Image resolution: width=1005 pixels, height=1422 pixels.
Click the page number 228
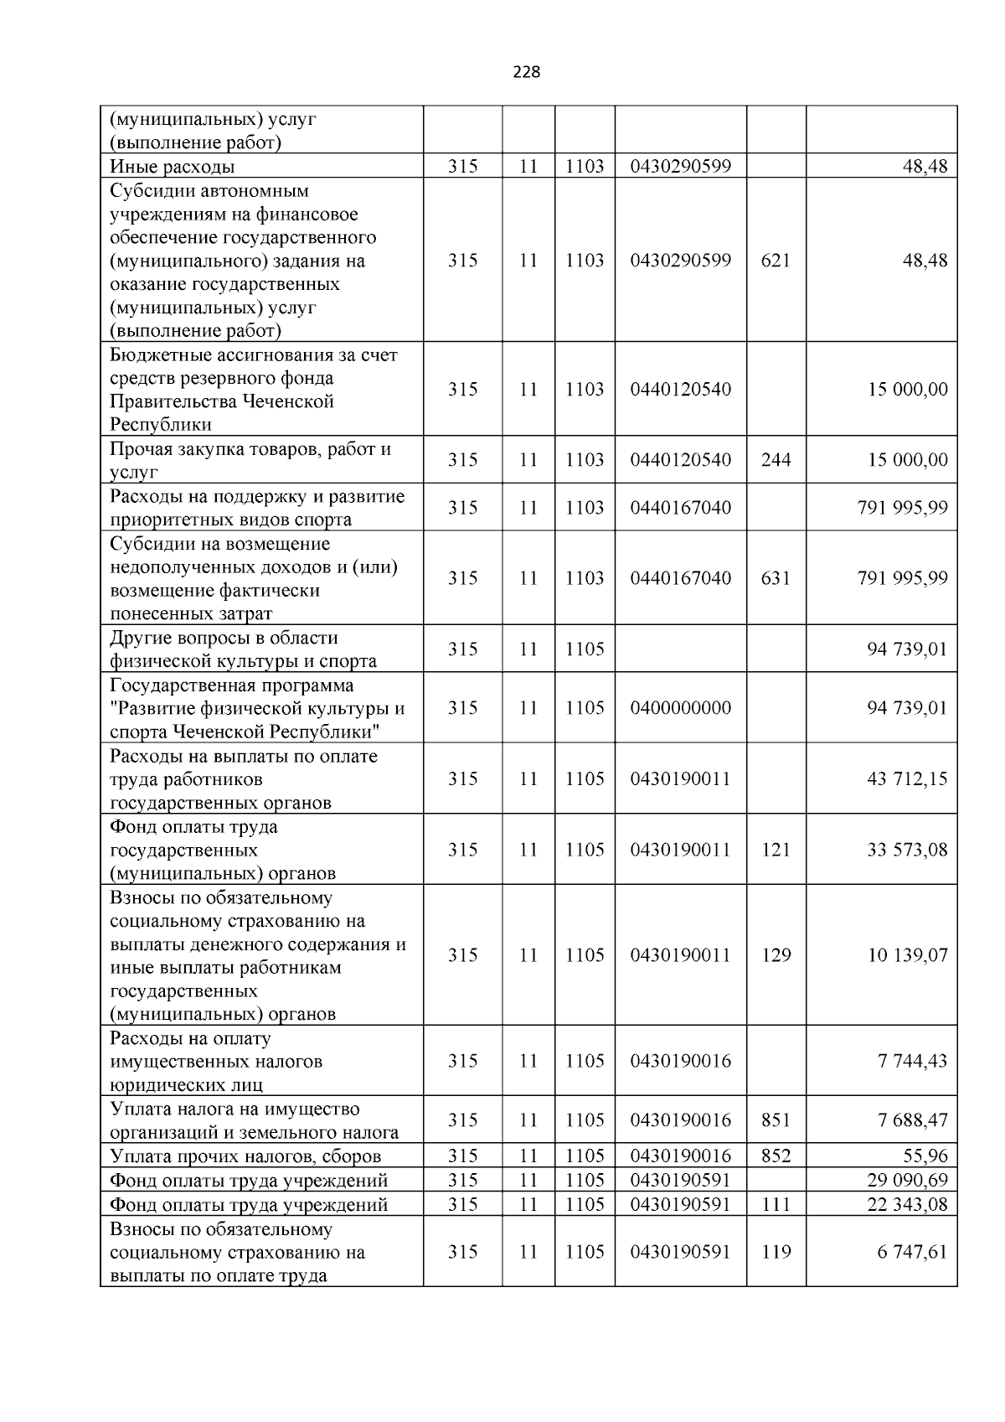pyautogui.click(x=526, y=72)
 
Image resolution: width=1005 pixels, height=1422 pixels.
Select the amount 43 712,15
pyautogui.click(x=907, y=778)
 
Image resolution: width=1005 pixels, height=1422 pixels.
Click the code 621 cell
pyautogui.click(x=776, y=261)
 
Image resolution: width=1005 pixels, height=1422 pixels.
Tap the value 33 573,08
pyautogui.click(x=907, y=850)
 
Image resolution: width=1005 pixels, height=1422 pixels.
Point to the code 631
pyautogui.click(x=776, y=578)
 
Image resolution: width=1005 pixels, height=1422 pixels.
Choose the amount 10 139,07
pyautogui.click(x=907, y=955)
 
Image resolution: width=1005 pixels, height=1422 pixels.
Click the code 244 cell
pyautogui.click(x=776, y=460)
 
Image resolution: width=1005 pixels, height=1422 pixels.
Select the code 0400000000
pyautogui.click(x=680, y=708)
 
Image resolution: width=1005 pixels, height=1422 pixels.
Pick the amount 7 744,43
pyautogui.click(x=912, y=1061)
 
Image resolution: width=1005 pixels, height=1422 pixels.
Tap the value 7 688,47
pyautogui.click(x=912, y=1120)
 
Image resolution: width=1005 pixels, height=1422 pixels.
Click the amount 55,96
pyautogui.click(x=925, y=1156)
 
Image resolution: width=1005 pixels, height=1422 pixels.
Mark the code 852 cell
pyautogui.click(x=776, y=1156)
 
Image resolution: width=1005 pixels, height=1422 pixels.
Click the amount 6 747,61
pyautogui.click(x=912, y=1252)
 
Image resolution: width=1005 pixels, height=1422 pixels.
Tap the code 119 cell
pyautogui.click(x=776, y=1252)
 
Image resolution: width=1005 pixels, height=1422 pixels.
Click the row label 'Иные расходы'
pyautogui.click(x=172, y=167)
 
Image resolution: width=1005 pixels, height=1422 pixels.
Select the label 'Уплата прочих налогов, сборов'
pyautogui.click(x=245, y=1156)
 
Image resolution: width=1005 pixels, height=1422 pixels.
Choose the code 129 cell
pyautogui.click(x=776, y=955)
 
